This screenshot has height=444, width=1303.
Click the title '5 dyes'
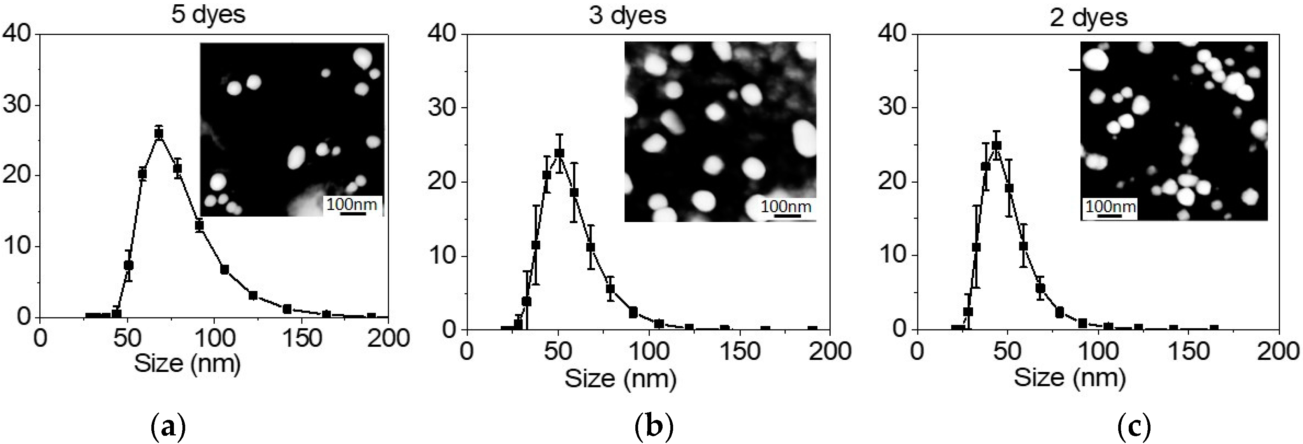click(208, 15)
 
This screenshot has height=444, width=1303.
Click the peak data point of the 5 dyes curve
click(159, 134)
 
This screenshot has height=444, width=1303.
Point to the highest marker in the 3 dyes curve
click(559, 153)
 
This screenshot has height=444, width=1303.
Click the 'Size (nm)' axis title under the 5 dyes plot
click(187, 363)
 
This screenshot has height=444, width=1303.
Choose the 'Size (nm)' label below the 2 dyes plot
click(1070, 378)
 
